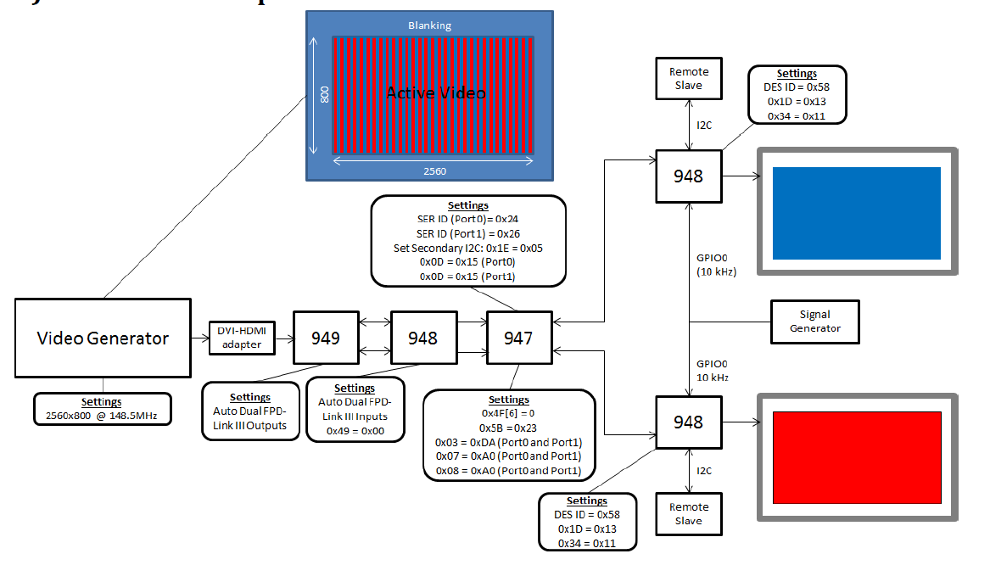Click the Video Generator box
(103, 338)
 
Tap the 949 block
(325, 338)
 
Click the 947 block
(518, 338)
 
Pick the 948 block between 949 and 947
(422, 338)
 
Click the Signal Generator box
(814, 322)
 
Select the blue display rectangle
(856, 213)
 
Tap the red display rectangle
(857, 457)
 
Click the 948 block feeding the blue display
(688, 176)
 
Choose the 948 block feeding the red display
(688, 422)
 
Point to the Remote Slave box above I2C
(688, 78)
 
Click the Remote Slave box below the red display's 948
(688, 513)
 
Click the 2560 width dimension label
(433, 171)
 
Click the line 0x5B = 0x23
(508, 428)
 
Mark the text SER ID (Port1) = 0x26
(467, 233)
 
